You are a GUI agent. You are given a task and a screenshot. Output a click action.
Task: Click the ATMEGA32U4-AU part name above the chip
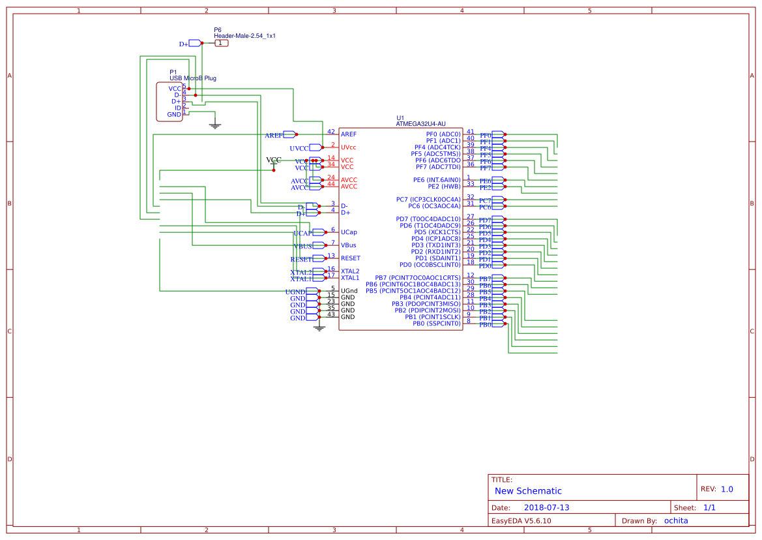pos(420,123)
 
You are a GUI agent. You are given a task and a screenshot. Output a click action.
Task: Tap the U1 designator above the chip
pos(400,117)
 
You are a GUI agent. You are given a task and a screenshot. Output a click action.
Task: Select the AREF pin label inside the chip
pos(349,134)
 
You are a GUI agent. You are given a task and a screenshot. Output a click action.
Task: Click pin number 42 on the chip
pos(331,132)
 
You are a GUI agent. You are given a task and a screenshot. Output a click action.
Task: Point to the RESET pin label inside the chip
pos(351,258)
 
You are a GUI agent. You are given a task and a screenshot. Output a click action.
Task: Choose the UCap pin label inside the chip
pos(349,232)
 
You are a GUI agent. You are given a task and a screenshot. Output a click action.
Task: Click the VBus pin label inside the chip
pos(349,245)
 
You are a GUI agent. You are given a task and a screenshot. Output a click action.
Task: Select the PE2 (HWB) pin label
pos(444,187)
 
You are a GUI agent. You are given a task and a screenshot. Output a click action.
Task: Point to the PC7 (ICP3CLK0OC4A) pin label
pos(428,200)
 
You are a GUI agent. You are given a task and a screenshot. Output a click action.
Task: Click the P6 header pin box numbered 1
pos(222,43)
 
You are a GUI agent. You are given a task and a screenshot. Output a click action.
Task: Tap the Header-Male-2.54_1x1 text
pos(244,36)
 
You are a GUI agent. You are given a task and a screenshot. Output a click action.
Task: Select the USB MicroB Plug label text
pos(193,78)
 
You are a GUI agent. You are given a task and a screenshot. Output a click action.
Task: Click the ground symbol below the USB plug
pos(215,125)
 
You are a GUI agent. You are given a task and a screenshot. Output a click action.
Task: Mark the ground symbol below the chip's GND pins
pos(319,327)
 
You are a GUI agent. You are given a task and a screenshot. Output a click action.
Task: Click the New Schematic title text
pos(528,491)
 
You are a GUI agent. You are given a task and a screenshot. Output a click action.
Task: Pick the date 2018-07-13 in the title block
pos(546,507)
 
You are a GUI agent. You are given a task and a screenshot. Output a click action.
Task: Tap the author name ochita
pos(675,520)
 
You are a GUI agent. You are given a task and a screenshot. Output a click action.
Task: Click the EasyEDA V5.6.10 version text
pos(521,520)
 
